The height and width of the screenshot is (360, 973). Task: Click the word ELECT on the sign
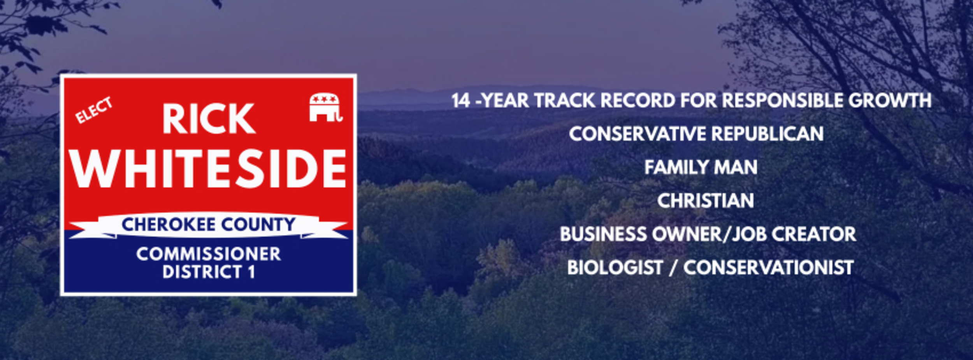point(94,110)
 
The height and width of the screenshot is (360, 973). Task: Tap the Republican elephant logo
point(326,107)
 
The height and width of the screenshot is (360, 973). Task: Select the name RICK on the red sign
point(209,119)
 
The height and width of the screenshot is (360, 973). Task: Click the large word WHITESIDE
point(209,169)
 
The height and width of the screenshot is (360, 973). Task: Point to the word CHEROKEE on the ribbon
point(169,225)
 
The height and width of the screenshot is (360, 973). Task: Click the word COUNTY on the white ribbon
point(258,225)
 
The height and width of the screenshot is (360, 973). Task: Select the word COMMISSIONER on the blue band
point(209,254)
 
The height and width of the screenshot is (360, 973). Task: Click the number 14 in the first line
point(461,101)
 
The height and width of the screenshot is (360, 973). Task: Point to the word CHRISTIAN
point(705,201)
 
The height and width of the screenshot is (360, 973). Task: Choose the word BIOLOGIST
point(615,268)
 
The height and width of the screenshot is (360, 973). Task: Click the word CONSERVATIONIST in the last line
point(768,268)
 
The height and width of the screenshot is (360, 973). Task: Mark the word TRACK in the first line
point(565,101)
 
